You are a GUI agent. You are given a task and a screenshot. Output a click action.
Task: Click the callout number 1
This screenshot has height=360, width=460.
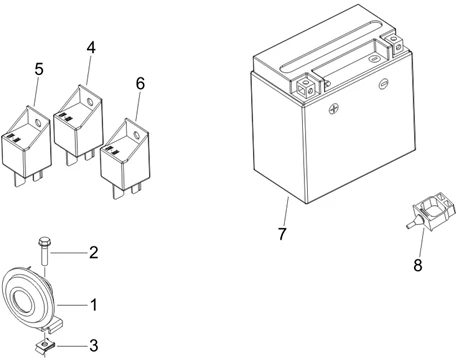click(x=95, y=302)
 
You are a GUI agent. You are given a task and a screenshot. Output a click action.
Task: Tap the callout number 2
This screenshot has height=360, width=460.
click(x=93, y=252)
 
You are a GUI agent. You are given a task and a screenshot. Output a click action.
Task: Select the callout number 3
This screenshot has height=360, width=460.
click(x=93, y=346)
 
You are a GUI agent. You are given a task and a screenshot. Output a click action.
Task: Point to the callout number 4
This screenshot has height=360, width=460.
click(x=91, y=47)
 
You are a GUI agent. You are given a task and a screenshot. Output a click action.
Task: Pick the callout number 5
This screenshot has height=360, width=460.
click(x=39, y=69)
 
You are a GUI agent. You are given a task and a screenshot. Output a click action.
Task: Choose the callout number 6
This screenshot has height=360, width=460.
click(x=139, y=83)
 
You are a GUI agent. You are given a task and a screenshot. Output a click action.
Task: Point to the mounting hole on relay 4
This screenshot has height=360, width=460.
click(x=93, y=98)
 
